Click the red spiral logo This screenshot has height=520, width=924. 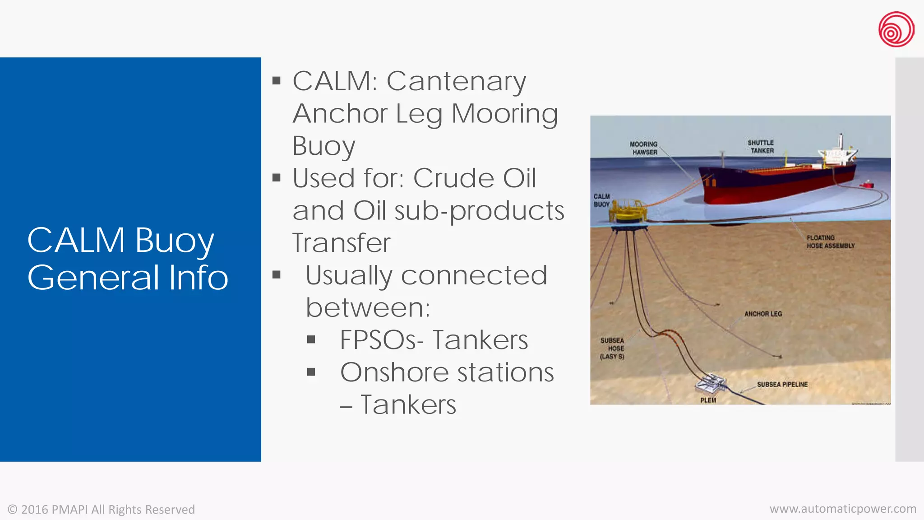[x=896, y=29]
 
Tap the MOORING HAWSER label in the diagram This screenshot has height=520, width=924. [x=644, y=148]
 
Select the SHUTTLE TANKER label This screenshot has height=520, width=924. [x=761, y=147]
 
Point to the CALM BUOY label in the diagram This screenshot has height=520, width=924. [x=601, y=200]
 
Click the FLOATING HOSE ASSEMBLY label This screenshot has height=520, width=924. [x=830, y=241]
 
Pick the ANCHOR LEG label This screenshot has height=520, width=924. [x=763, y=314]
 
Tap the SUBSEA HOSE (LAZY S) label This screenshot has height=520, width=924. [x=612, y=348]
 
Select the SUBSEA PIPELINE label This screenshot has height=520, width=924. [x=782, y=385]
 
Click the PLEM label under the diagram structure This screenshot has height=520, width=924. [x=708, y=400]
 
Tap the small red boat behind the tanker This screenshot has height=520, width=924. [x=866, y=184]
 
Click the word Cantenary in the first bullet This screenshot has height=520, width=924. [x=456, y=82]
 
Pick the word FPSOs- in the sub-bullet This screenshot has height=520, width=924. [x=382, y=340]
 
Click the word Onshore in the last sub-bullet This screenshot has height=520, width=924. [x=395, y=372]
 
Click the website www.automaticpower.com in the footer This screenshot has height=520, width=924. [x=843, y=509]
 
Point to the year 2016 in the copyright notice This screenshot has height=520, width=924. [x=35, y=510]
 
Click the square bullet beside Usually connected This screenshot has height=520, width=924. [x=277, y=275]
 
